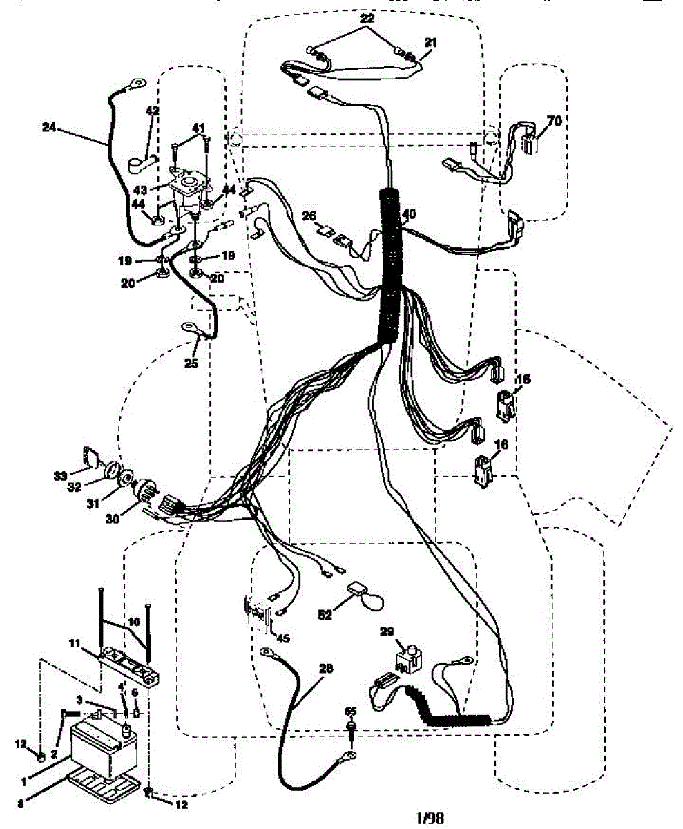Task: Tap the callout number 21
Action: [x=430, y=43]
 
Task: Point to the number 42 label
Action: [x=152, y=111]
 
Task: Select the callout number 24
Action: [x=48, y=126]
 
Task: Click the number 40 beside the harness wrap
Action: [x=410, y=215]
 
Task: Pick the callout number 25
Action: [x=191, y=362]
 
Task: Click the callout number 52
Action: [x=323, y=613]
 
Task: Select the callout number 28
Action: [x=325, y=668]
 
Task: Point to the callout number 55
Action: [x=350, y=710]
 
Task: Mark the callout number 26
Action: [x=308, y=216]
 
